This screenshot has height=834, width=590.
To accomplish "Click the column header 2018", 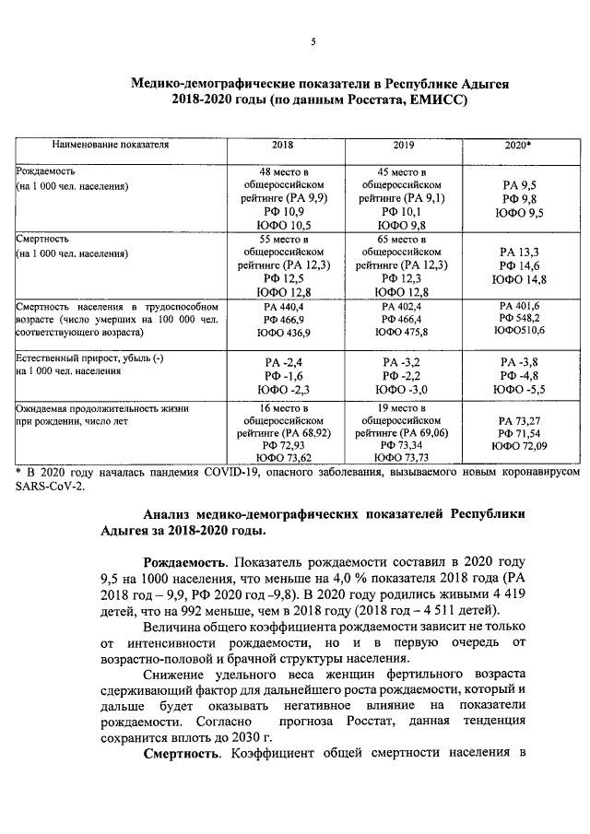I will (282, 146).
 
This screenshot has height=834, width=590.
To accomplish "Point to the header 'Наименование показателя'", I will (110, 146).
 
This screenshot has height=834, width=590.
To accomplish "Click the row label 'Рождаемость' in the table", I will (45, 171).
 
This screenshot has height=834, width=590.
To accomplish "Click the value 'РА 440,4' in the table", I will (282, 306).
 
